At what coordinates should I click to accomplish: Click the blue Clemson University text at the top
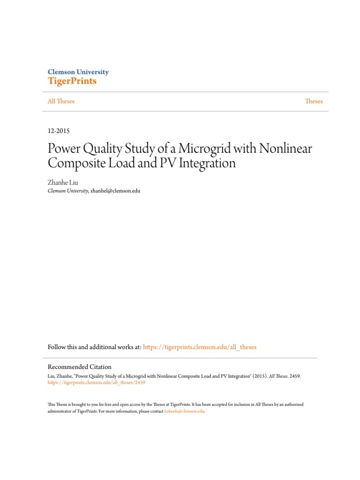tap(78, 72)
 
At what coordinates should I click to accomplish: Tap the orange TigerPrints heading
tap(72, 82)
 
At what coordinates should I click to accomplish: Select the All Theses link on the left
tap(61, 101)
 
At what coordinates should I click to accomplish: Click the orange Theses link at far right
tap(314, 101)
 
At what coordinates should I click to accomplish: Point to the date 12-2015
tap(59, 131)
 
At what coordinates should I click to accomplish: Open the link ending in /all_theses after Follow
tap(200, 347)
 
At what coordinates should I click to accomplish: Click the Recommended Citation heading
tap(80, 367)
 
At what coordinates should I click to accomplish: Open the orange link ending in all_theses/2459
tap(97, 382)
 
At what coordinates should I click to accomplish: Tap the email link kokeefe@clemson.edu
tap(184, 411)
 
